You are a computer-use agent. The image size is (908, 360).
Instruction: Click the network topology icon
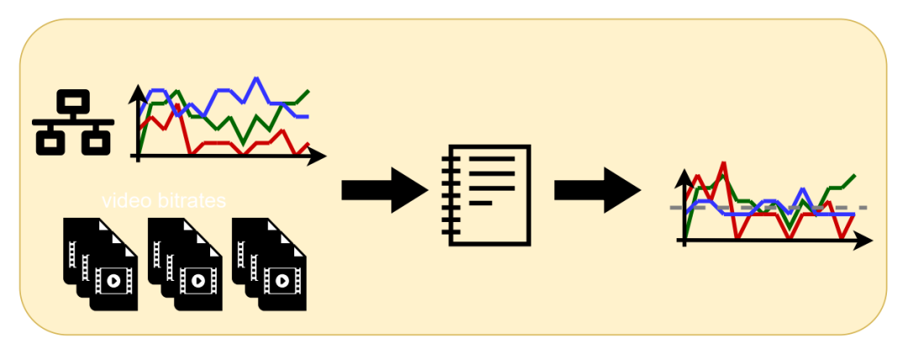pos(73,122)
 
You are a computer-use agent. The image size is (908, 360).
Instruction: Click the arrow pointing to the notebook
pos(384,190)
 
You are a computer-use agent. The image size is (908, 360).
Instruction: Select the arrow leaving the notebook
pos(598,190)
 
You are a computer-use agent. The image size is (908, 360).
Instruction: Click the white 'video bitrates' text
pos(164,201)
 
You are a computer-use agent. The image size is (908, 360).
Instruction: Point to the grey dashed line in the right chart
pos(768,207)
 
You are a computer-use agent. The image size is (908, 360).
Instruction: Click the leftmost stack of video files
pos(100,264)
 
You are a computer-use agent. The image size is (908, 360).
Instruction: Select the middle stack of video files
pos(185,264)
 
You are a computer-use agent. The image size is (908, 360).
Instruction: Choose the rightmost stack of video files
pos(269,264)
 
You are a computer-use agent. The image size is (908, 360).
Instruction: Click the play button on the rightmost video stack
pos(282,281)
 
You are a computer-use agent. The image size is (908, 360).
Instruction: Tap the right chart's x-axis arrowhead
pos(863,240)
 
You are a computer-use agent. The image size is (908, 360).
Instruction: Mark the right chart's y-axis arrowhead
pos(684,178)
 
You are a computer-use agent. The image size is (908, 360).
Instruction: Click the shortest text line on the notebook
pos(480,203)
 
